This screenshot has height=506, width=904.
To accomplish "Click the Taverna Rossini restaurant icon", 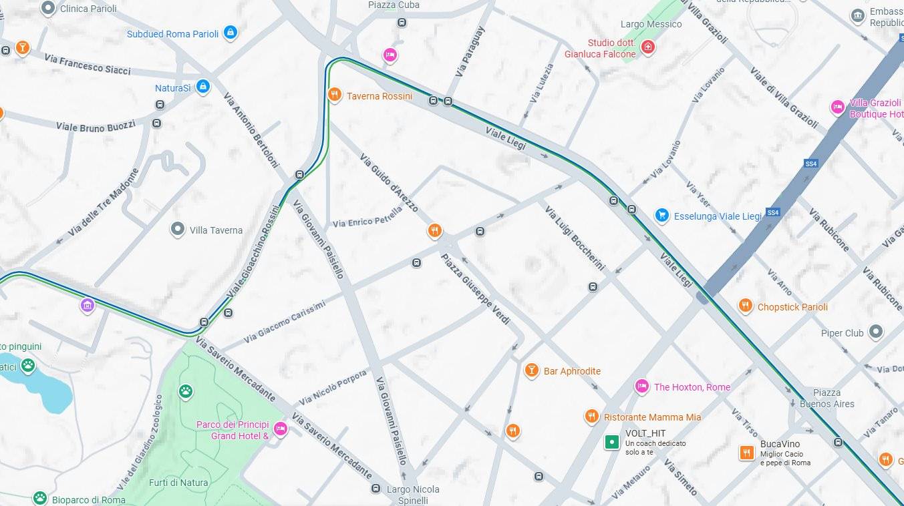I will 335,94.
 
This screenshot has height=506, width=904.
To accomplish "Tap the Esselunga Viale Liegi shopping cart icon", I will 661,215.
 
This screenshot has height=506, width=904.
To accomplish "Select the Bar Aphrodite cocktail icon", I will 531,370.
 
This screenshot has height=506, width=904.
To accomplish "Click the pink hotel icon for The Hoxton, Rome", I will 641,386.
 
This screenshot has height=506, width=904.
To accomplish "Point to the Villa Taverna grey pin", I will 177,230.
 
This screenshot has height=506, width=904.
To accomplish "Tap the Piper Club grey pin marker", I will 875,332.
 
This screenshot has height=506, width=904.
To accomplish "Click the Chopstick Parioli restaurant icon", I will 745,306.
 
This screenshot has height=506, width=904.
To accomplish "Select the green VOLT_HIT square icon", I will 611,442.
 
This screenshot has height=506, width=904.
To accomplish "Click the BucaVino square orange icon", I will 746,453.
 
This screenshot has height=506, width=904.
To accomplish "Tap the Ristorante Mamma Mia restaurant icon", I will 591,417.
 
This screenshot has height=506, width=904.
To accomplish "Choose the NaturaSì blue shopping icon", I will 203,87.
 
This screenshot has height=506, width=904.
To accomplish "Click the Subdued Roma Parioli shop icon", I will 230,32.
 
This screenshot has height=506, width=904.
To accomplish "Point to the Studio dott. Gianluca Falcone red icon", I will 647,47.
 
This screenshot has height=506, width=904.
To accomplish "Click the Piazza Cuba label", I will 394,5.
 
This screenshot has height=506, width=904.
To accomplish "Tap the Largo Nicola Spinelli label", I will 413,495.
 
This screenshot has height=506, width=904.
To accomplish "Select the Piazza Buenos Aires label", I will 826,398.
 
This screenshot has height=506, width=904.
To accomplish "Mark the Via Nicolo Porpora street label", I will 333,388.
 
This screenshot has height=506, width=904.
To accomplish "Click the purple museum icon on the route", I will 87,306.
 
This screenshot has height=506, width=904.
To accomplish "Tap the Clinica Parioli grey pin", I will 48,8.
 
